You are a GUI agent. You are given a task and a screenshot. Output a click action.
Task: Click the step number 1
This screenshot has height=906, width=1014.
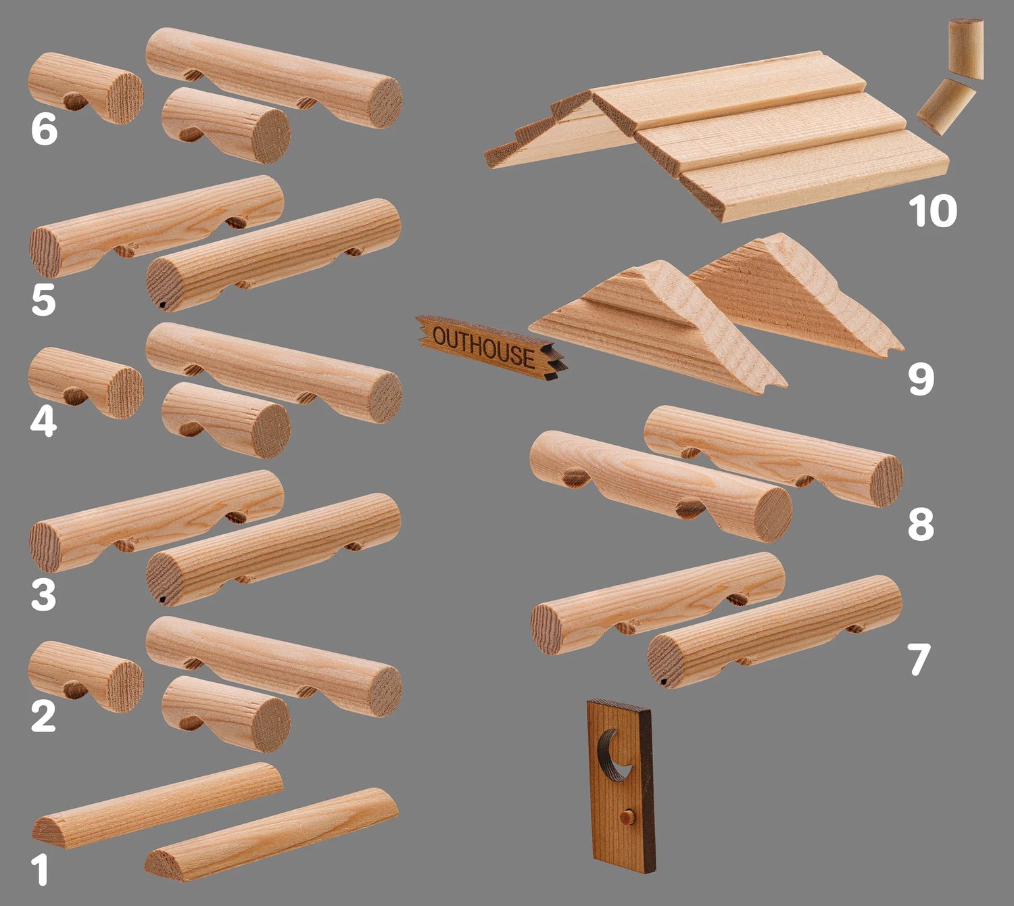click(x=40, y=869)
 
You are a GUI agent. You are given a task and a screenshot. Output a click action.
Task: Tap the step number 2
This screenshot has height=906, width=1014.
click(x=43, y=716)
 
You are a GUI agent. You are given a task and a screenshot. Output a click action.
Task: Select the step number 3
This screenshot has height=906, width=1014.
click(x=43, y=595)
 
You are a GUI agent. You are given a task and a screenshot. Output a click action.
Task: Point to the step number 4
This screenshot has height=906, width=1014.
click(x=43, y=421)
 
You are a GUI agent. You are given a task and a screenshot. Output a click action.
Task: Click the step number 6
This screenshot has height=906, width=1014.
click(x=44, y=128)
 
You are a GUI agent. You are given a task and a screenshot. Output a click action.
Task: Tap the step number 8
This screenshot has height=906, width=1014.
click(x=921, y=524)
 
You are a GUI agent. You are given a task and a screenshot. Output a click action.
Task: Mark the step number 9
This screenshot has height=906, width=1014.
click(x=921, y=379)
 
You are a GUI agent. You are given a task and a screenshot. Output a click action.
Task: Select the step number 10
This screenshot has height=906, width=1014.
click(x=932, y=210)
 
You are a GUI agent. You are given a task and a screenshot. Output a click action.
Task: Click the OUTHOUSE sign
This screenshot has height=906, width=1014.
click(x=491, y=347)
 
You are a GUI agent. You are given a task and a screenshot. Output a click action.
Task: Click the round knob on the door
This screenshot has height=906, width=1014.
click(x=627, y=818)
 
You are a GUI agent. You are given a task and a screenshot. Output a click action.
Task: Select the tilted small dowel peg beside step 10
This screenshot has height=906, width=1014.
click(x=946, y=107)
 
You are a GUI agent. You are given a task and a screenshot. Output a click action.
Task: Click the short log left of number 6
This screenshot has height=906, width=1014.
click(x=86, y=88)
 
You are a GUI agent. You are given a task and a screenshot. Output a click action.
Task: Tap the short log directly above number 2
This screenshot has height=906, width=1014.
click(x=86, y=677)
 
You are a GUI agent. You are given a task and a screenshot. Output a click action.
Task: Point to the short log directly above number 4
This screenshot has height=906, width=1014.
click(x=86, y=383)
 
